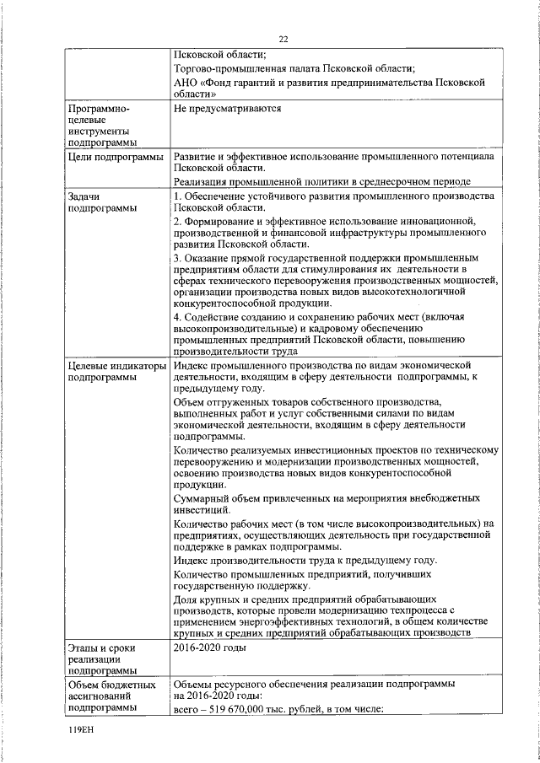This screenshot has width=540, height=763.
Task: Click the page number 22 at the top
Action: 283,39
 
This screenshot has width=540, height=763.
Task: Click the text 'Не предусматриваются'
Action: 226,109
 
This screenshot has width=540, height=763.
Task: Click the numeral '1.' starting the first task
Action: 177,196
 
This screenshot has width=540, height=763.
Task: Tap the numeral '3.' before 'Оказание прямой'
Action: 177,256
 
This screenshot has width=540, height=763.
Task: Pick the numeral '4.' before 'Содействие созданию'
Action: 177,316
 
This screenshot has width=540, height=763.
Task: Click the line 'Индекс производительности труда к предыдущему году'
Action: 305,560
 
